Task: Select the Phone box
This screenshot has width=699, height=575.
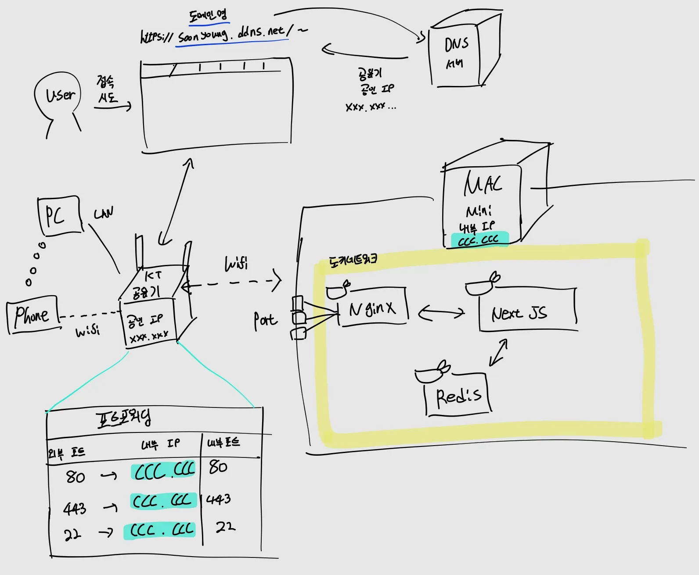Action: (x=32, y=314)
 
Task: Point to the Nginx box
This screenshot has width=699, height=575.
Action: (x=373, y=308)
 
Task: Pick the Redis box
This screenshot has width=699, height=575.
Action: (x=458, y=395)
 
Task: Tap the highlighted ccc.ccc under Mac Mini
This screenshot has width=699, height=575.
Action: (x=479, y=239)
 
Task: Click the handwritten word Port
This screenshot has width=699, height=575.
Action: (x=265, y=321)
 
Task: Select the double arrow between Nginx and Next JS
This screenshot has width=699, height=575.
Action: (x=441, y=313)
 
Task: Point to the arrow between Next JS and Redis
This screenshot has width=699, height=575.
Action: (x=499, y=352)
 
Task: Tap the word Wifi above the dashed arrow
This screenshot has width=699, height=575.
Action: (x=236, y=264)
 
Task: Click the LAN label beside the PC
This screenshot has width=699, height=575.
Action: (x=104, y=213)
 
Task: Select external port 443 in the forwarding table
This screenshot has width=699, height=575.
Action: (x=75, y=508)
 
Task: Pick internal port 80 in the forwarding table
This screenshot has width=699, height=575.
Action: (x=218, y=467)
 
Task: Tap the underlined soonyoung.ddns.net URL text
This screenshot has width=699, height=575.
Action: (x=233, y=34)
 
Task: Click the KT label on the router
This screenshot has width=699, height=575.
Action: (x=153, y=275)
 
